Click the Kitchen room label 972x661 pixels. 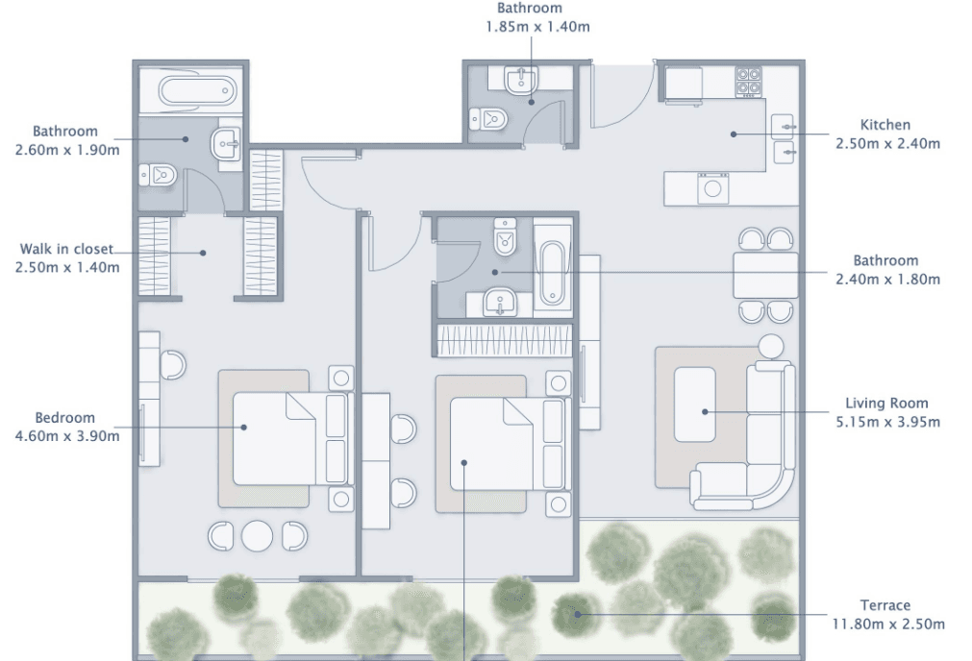[x=885, y=125]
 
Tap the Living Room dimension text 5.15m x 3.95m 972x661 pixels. [x=886, y=421]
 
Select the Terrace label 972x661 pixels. [x=885, y=605]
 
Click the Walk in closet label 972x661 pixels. [x=66, y=250]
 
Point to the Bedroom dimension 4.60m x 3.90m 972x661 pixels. [x=67, y=436]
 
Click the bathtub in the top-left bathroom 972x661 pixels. [x=196, y=92]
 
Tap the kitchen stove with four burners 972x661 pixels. [x=749, y=82]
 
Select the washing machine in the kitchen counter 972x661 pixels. [x=712, y=187]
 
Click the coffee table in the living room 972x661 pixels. [x=694, y=404]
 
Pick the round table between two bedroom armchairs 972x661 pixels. [x=258, y=536]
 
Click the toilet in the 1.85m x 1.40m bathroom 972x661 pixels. [x=489, y=120]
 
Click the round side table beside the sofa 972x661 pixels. [x=771, y=347]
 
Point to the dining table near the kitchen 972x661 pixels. [x=765, y=275]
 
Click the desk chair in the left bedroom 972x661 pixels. [x=173, y=365]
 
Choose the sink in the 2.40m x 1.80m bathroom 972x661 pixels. [x=499, y=304]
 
